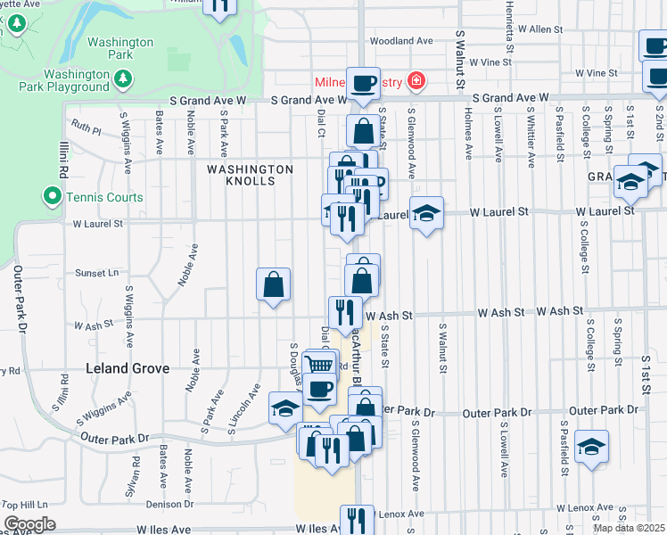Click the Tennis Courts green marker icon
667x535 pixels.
pos(53,196)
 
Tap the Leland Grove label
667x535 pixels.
pos(121,367)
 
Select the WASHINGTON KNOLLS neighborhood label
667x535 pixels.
pos(250,175)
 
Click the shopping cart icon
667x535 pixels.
pos(318,365)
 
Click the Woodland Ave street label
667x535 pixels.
pos(401,41)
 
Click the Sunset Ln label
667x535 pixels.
pos(96,273)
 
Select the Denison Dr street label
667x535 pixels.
pos(169,504)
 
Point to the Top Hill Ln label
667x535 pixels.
pos(24,505)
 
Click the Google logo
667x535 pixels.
pos(29,524)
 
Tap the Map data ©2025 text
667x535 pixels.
pos(629,528)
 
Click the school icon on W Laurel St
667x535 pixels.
pos(427,214)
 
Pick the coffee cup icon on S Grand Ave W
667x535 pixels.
pos(363,84)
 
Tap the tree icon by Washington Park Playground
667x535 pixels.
pos(123,80)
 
